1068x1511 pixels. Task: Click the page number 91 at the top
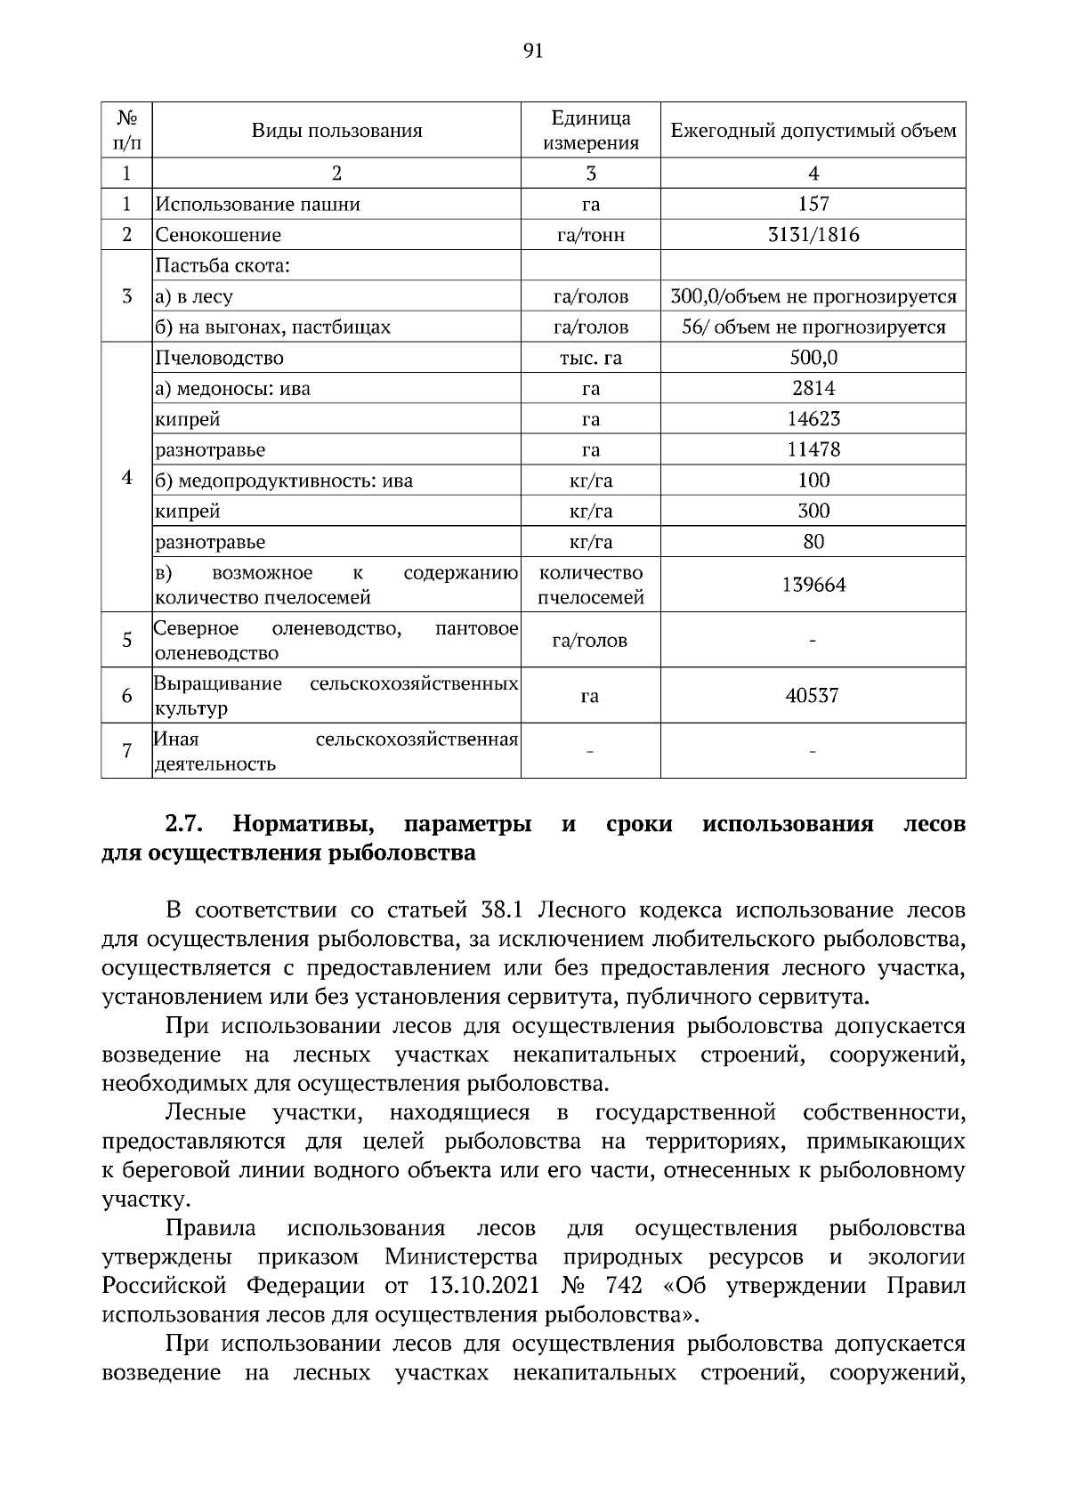coord(533,51)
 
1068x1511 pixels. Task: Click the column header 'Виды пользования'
coord(336,131)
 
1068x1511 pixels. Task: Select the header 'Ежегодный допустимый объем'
coord(813,131)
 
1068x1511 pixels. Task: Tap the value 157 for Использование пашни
coord(813,204)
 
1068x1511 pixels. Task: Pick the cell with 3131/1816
coord(813,235)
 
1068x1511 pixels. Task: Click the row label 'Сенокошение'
coord(218,235)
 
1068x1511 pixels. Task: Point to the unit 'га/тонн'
coord(590,235)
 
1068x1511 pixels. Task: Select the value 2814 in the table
coord(813,388)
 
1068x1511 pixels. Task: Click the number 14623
coord(813,419)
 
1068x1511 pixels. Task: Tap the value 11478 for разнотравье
coord(813,449)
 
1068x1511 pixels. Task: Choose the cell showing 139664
coord(813,585)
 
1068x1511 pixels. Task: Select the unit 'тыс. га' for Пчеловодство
coord(590,358)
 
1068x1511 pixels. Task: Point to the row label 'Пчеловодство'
coord(219,358)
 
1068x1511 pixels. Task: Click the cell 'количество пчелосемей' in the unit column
coord(590,585)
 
